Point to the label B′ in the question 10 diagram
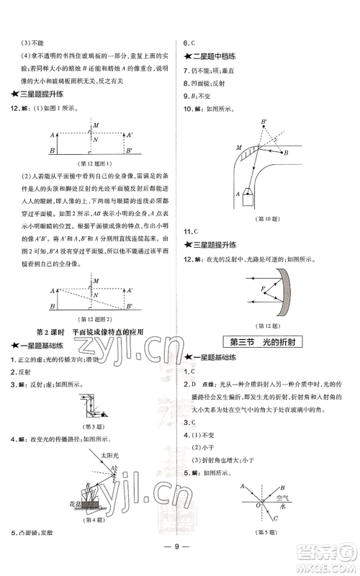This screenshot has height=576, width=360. tap(264, 122)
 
